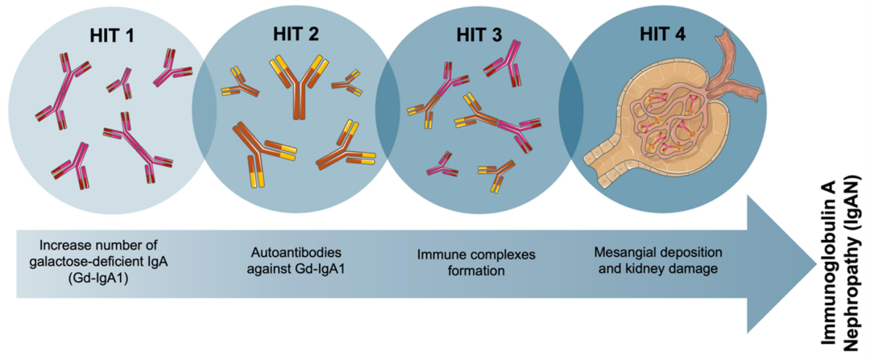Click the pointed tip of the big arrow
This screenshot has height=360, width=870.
click(x=814, y=263)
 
